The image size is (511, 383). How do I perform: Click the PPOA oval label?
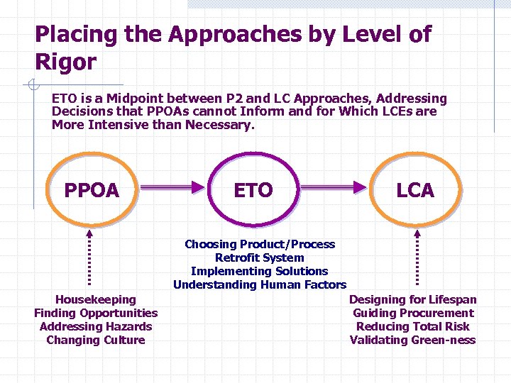click(92, 190)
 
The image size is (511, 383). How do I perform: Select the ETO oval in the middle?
click(253, 190)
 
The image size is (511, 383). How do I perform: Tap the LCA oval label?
click(415, 190)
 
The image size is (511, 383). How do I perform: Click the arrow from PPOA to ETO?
click(172, 187)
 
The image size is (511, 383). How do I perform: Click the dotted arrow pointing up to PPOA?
click(89, 259)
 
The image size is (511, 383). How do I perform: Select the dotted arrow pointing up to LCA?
click(417, 259)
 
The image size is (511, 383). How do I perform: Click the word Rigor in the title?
click(65, 62)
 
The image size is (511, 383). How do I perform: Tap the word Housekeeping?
click(96, 299)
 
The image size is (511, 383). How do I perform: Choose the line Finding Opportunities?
click(96, 313)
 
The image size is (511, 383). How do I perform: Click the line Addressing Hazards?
click(96, 326)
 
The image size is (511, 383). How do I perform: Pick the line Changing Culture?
click(96, 340)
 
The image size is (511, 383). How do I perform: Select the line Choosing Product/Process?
click(260, 244)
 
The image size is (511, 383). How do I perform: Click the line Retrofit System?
click(260, 257)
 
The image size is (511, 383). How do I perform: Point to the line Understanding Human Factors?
click(260, 284)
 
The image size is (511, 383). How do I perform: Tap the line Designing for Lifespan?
click(413, 299)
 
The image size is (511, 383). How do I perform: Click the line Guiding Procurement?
click(413, 313)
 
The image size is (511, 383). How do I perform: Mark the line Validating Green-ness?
click(413, 340)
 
